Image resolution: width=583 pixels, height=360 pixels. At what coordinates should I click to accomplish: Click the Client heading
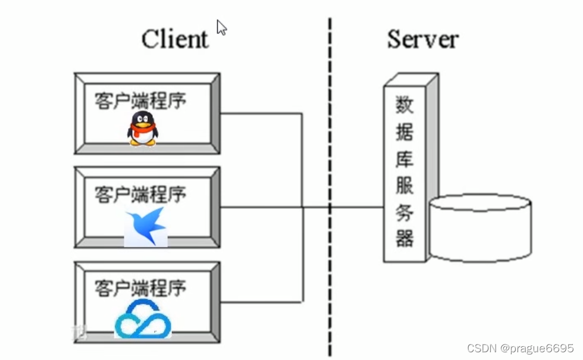[x=175, y=39]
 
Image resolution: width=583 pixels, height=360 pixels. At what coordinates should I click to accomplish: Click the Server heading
[x=423, y=39]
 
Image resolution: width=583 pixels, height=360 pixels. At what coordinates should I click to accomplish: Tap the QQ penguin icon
[x=143, y=129]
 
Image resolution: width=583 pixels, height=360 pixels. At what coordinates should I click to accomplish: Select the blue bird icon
[x=146, y=226]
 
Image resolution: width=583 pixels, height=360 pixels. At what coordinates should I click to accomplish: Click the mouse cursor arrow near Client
[x=221, y=27]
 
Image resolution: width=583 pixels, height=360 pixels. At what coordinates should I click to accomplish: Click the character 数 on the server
[x=405, y=105]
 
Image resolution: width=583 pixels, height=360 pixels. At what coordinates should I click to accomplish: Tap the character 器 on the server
[x=405, y=239]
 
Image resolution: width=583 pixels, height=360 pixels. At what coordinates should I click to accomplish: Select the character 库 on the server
[x=405, y=159]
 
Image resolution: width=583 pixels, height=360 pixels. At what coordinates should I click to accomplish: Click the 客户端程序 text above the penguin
[x=140, y=100]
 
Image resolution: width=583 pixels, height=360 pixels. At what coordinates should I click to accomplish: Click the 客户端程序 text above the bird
[x=140, y=194]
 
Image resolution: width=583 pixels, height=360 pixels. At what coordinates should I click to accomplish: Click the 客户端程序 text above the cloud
[x=140, y=288]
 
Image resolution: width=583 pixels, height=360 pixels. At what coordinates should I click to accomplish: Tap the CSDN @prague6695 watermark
[x=521, y=348]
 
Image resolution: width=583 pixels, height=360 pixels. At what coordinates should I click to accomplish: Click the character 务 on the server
[x=405, y=213]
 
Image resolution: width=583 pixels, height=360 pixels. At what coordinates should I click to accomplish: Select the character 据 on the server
[x=405, y=132]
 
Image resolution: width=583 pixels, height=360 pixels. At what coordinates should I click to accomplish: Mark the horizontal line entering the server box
[x=357, y=207]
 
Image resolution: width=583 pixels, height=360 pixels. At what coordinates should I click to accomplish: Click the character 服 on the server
[x=405, y=186]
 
